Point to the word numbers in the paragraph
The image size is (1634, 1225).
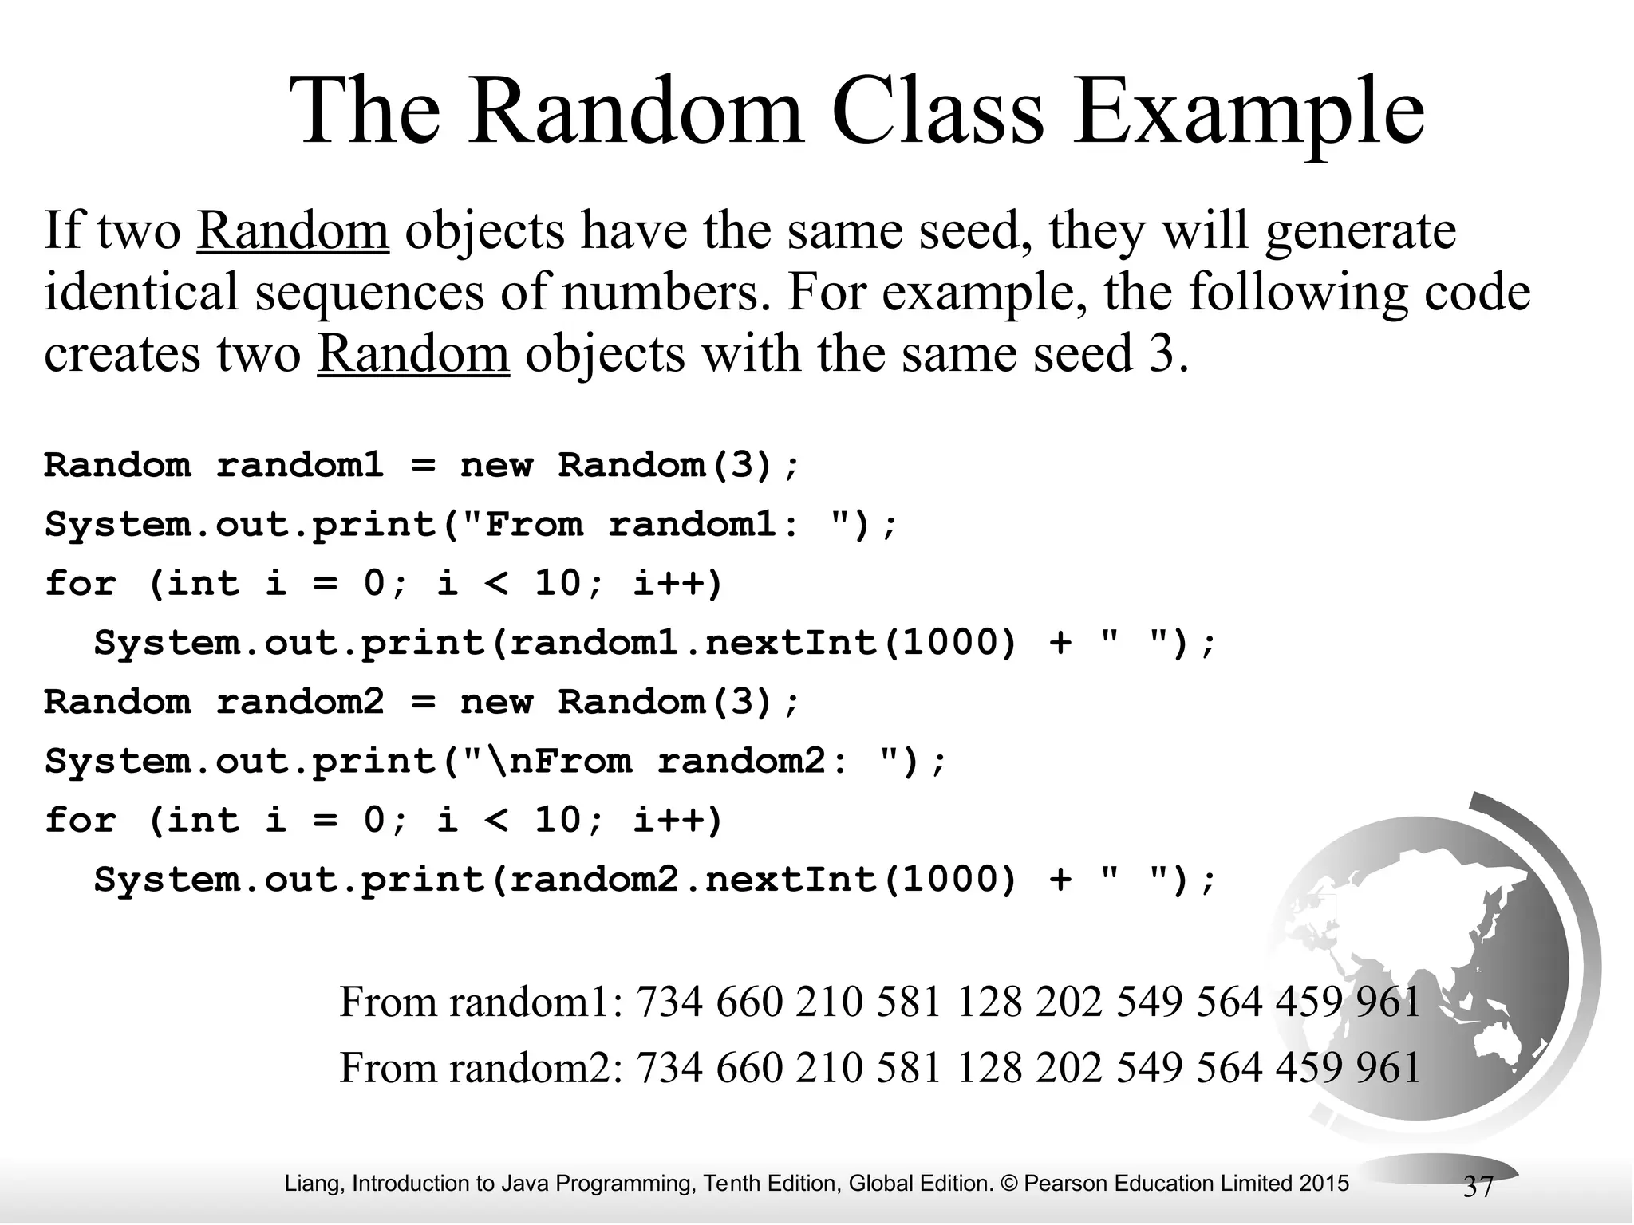point(661,292)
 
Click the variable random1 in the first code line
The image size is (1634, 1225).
point(300,465)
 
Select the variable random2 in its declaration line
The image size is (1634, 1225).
point(300,702)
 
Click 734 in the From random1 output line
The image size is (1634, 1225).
point(669,1002)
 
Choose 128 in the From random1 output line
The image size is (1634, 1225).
point(989,1002)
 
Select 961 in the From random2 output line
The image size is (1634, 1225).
point(1389,1068)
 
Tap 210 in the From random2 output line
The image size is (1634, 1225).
point(829,1068)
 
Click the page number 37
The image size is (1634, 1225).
point(1478,1187)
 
